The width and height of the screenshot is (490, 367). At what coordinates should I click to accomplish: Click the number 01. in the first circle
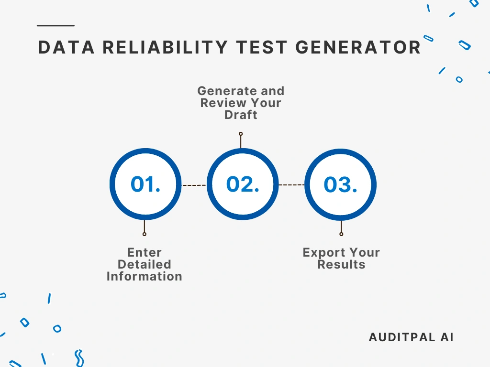pyautogui.click(x=145, y=184)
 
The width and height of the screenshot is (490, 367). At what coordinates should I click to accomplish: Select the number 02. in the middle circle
pyautogui.click(x=243, y=184)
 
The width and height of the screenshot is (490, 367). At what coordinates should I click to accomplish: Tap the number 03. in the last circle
pyautogui.click(x=340, y=184)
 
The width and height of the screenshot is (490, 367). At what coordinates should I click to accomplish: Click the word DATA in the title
pyautogui.click(x=66, y=47)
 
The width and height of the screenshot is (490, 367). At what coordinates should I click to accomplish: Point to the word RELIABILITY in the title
pyautogui.click(x=165, y=47)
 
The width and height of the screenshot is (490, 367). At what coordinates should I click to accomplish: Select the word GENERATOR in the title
pyautogui.click(x=358, y=47)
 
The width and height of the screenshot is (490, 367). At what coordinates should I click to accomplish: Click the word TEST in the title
pyautogui.click(x=262, y=47)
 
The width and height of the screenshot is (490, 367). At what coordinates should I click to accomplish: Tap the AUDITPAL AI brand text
pyautogui.click(x=411, y=337)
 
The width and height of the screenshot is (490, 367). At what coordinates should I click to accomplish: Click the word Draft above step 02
pyautogui.click(x=241, y=115)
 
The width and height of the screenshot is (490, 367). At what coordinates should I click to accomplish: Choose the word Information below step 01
pyautogui.click(x=145, y=277)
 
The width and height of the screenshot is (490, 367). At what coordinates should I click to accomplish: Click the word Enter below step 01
pyautogui.click(x=145, y=252)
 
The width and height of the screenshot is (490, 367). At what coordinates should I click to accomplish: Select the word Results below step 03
pyautogui.click(x=341, y=264)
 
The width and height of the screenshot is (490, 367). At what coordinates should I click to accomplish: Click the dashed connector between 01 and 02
pyautogui.click(x=194, y=185)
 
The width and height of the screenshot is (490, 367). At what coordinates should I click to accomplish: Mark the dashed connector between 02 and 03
pyautogui.click(x=291, y=185)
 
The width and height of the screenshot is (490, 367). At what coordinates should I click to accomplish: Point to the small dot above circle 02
pyautogui.click(x=241, y=134)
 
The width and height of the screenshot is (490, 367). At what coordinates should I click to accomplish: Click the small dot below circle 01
pyautogui.click(x=145, y=234)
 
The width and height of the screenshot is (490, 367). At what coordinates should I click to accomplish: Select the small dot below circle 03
pyautogui.click(x=341, y=234)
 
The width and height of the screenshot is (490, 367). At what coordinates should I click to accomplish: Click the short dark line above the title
pyautogui.click(x=56, y=26)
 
